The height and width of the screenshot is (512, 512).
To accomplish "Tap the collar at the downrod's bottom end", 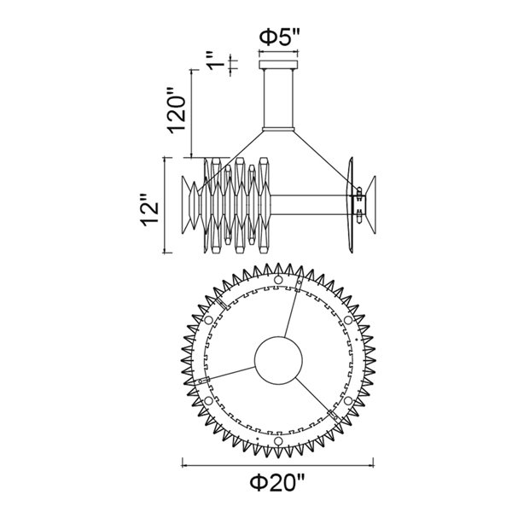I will [x=279, y=128].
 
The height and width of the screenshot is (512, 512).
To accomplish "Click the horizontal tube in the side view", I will [x=307, y=206].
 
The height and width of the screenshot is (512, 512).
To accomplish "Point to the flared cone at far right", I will [x=369, y=205].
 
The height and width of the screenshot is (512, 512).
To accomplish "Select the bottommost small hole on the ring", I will [x=279, y=441].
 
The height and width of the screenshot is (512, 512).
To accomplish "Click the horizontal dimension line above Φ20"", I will [x=279, y=463].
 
